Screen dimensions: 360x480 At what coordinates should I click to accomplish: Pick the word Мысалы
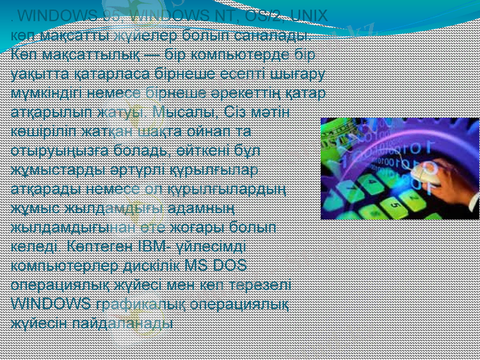click(x=177, y=112)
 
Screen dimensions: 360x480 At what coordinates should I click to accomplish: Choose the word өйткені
click(x=217, y=151)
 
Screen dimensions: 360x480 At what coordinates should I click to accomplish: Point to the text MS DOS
click(x=220, y=266)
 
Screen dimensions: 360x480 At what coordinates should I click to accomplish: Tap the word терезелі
click(x=263, y=285)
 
